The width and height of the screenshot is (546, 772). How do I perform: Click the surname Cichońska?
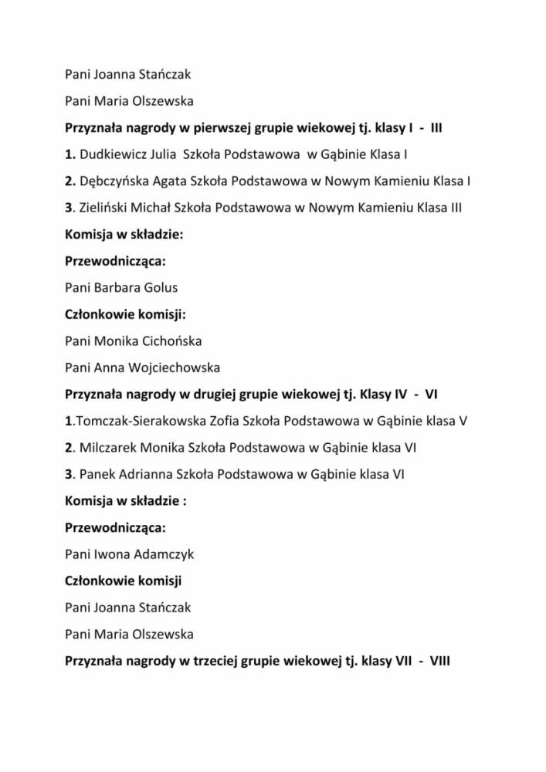click(171, 340)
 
